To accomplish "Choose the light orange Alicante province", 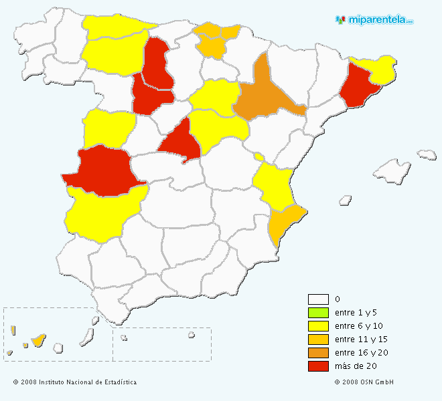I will click(x=285, y=224).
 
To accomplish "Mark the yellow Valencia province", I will click(x=273, y=184).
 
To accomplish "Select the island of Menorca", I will click(x=427, y=155).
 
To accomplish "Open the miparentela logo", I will click(x=374, y=20).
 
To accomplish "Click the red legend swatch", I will click(x=318, y=366).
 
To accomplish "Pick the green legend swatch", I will click(x=318, y=313).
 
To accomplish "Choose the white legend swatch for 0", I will click(x=318, y=299).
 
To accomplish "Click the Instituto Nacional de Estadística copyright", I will click(x=74, y=382).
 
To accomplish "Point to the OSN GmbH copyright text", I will click(x=364, y=382).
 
